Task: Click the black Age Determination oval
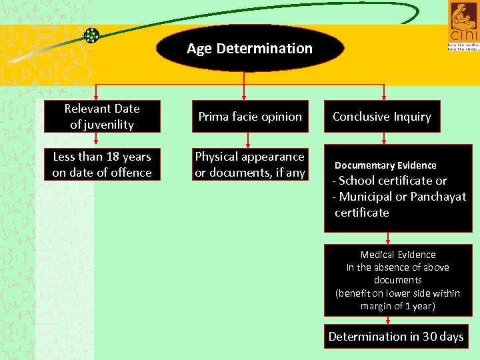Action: click(249, 48)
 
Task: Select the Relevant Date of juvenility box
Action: click(102, 117)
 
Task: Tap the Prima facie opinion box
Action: click(250, 117)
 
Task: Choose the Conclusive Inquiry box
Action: click(381, 117)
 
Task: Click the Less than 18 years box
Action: click(102, 165)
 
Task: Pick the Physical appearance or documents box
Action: click(250, 165)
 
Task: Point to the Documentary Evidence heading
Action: click(385, 165)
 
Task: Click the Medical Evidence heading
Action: click(398, 255)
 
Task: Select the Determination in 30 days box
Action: click(396, 337)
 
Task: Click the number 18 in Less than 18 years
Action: click(105, 157)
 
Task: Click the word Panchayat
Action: click(438, 197)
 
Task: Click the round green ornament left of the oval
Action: click(91, 35)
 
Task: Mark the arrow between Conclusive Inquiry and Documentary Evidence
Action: click(385, 138)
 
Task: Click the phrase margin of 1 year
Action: click(398, 306)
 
